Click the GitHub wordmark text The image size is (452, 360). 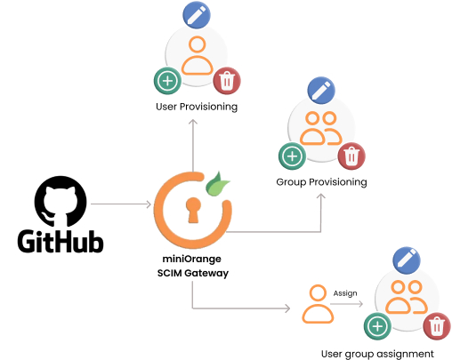tap(61, 241)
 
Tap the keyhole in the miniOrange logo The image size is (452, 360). tap(192, 209)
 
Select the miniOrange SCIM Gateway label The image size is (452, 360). tap(192, 266)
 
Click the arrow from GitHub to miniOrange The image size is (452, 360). tap(121, 204)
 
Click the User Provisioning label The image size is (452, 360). tap(196, 107)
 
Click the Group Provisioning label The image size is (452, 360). tap(321, 181)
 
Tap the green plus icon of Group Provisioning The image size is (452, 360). tap(291, 156)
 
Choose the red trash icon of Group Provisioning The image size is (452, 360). tap(352, 157)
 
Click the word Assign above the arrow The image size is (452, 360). tap(345, 292)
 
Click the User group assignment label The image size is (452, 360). tap(377, 353)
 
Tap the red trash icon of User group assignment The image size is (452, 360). tap(436, 326)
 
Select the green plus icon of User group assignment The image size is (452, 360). tap(378, 327)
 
